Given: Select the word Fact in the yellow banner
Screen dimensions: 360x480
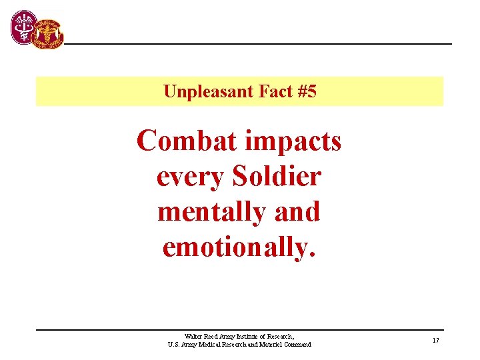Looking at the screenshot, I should coord(273,91).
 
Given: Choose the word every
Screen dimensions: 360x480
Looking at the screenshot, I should coord(189,177).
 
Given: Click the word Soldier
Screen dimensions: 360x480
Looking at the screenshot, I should coord(277,176).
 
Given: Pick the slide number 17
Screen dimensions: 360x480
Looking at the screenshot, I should coord(435,341).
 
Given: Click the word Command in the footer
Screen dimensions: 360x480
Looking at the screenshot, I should coord(297,345).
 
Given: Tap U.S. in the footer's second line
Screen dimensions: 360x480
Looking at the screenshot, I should coord(173,345).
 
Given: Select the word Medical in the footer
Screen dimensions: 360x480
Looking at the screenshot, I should coord(212,345).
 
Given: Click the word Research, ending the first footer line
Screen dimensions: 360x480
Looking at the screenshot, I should coord(281,337).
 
